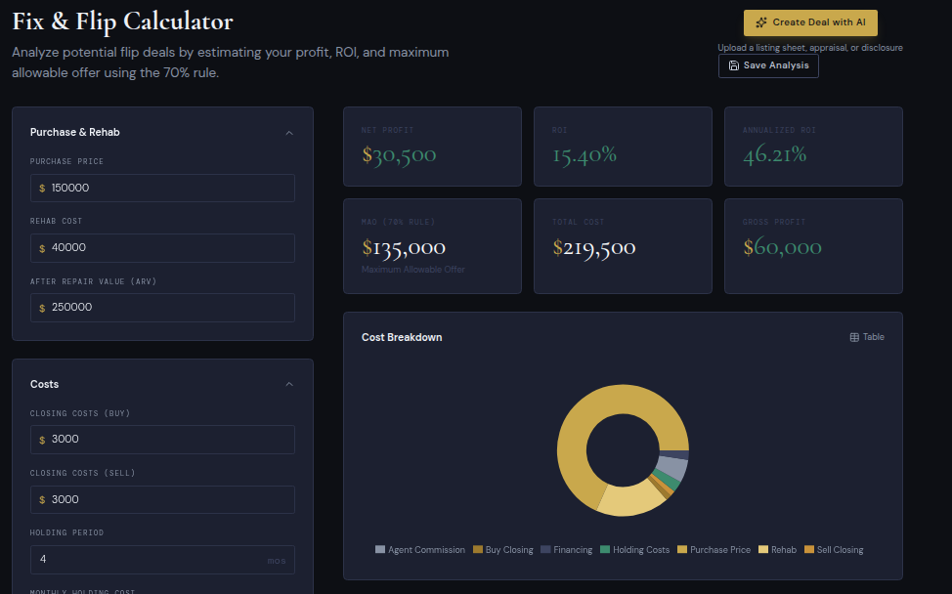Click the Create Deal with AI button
point(809,22)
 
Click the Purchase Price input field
point(162,188)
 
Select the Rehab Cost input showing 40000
point(162,248)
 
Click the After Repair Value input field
point(162,308)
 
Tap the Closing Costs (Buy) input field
point(162,440)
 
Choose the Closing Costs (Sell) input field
point(162,500)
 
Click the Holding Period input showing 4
point(162,560)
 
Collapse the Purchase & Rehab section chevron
point(289,133)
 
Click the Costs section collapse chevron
point(289,385)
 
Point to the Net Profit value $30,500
point(399,154)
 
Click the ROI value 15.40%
point(584,154)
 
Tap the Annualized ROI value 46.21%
point(774,154)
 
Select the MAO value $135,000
point(404,248)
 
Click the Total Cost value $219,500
point(594,248)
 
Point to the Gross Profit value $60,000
point(782,248)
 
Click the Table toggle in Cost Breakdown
point(867,337)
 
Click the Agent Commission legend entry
point(420,550)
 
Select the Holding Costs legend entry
point(635,550)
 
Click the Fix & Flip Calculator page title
point(123,21)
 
